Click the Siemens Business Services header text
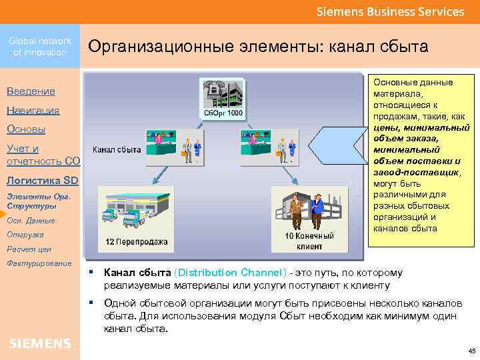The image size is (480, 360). click(389, 11)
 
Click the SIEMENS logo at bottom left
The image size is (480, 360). click(40, 343)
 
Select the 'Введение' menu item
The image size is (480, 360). click(31, 91)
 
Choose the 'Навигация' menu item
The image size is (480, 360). click(33, 110)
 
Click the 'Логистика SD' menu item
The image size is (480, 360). click(41, 180)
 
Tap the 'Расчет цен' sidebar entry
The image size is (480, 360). click(25, 249)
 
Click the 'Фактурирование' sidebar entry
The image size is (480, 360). click(39, 263)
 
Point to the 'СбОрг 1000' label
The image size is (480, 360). click(223, 113)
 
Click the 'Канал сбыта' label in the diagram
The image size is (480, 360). click(116, 149)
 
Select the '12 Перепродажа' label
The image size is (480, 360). click(136, 241)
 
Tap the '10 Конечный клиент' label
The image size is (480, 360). click(307, 241)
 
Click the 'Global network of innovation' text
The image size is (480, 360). click(40, 47)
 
